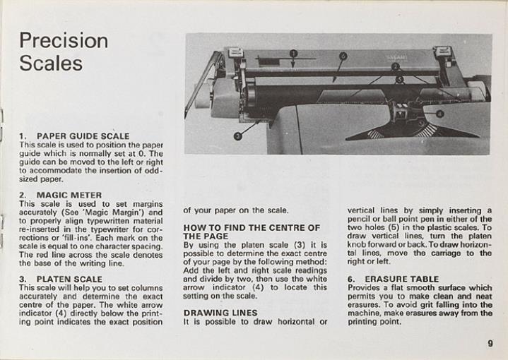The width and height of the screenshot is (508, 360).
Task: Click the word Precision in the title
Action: pyautogui.click(x=64, y=40)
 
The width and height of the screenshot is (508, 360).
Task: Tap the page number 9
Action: pyautogui.click(x=489, y=344)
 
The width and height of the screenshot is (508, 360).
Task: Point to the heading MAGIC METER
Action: pyautogui.click(x=69, y=195)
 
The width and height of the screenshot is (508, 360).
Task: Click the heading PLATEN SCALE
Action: pyautogui.click(x=69, y=279)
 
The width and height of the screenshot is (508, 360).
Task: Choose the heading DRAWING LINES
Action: pyautogui.click(x=220, y=312)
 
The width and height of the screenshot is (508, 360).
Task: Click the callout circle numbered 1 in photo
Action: pyautogui.click(x=294, y=54)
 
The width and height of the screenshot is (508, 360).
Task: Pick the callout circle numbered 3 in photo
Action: pyautogui.click(x=238, y=136)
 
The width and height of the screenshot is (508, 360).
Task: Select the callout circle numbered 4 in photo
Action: pyautogui.click(x=439, y=113)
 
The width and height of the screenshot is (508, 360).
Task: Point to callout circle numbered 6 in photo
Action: pyautogui.click(x=343, y=56)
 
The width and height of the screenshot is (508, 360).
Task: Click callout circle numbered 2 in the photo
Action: pyautogui.click(x=396, y=66)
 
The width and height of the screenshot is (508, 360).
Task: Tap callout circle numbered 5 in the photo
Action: pyautogui.click(x=399, y=80)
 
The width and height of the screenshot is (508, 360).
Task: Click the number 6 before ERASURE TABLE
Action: pyautogui.click(x=350, y=279)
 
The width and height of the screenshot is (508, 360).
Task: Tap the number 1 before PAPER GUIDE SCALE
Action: pyautogui.click(x=23, y=136)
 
